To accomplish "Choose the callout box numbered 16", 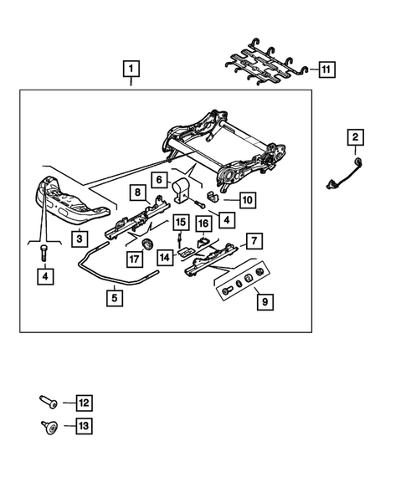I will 203,223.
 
